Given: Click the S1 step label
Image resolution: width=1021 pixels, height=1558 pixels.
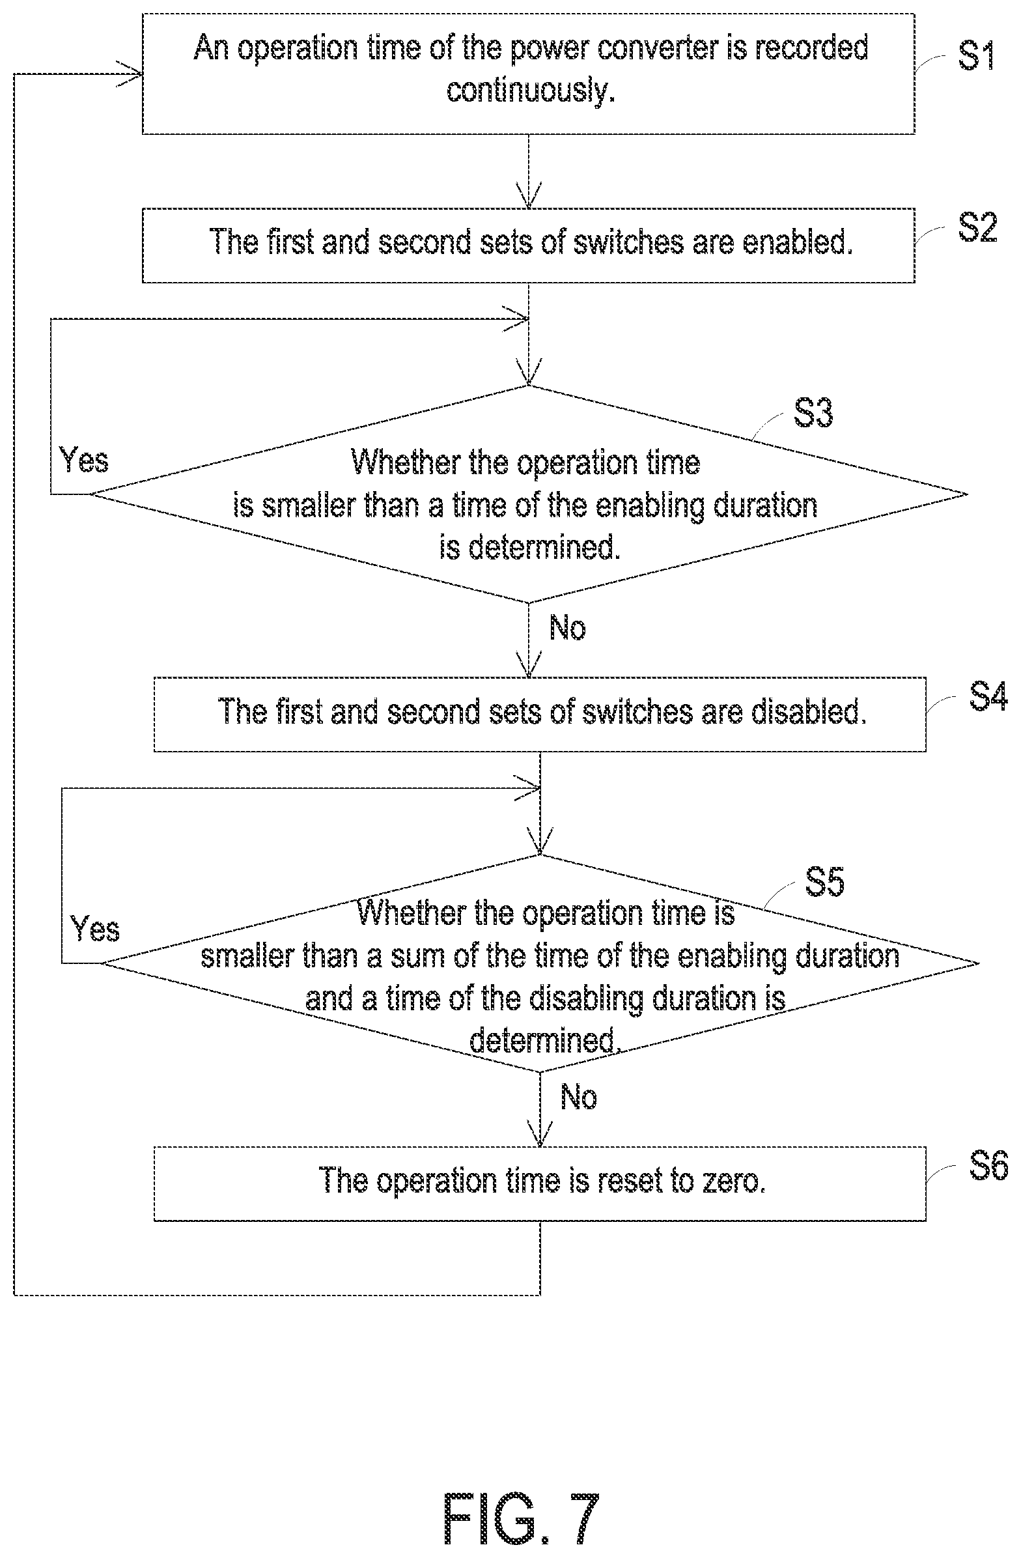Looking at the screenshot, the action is point(977,55).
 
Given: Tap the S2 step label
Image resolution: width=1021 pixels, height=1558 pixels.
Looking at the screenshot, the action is point(978,228).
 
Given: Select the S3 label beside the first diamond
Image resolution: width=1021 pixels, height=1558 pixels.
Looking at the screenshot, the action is point(813,413).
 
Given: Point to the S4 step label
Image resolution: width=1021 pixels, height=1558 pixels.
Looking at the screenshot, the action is point(988,696).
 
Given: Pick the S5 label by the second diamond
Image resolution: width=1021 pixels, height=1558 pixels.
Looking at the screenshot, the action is point(824,882).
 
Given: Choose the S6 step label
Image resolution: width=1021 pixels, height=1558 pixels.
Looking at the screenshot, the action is point(988,1166).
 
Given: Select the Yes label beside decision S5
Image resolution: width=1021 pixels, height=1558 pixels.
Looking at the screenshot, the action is point(95,929).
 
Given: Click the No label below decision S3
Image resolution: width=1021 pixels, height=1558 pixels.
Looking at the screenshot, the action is point(567,628).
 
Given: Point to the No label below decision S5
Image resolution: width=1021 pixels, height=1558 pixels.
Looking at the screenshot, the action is point(579,1096).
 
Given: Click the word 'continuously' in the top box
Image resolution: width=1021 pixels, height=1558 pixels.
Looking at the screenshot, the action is point(527,90).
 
